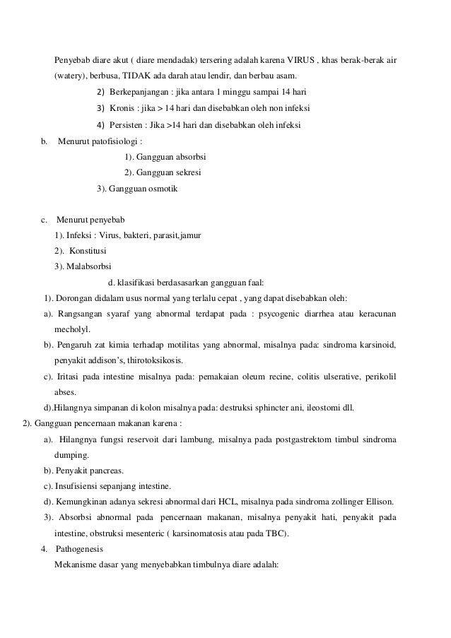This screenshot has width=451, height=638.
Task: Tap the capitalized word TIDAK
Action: (x=137, y=76)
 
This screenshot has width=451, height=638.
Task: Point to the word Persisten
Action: (x=128, y=125)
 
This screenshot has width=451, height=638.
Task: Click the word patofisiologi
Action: (x=113, y=141)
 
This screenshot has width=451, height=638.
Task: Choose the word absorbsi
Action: (x=189, y=157)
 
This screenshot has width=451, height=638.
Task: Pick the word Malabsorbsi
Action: (x=81, y=266)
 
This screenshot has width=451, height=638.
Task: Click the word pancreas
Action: (x=107, y=470)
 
